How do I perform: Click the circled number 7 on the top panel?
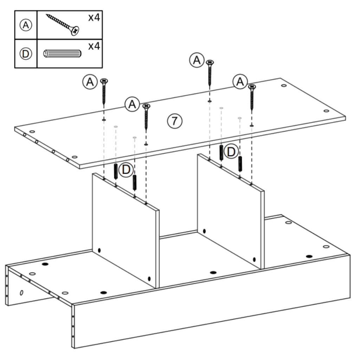click(x=174, y=121)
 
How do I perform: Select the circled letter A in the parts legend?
click(x=26, y=25)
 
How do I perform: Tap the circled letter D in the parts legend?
click(x=26, y=53)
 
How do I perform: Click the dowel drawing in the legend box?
click(x=62, y=54)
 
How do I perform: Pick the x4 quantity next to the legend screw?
click(x=94, y=18)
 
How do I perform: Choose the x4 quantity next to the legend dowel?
click(x=94, y=46)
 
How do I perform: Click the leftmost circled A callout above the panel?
click(x=90, y=82)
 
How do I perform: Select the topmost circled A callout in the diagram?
click(x=197, y=60)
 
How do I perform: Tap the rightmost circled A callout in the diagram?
click(x=240, y=82)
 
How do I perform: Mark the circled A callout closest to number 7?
click(x=132, y=104)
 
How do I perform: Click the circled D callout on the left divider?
click(x=126, y=170)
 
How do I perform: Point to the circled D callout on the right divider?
click(x=231, y=152)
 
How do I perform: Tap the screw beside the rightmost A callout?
click(x=251, y=97)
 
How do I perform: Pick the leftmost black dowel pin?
click(x=115, y=171)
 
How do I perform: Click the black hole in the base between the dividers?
click(x=212, y=272)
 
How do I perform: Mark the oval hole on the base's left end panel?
click(x=21, y=292)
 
